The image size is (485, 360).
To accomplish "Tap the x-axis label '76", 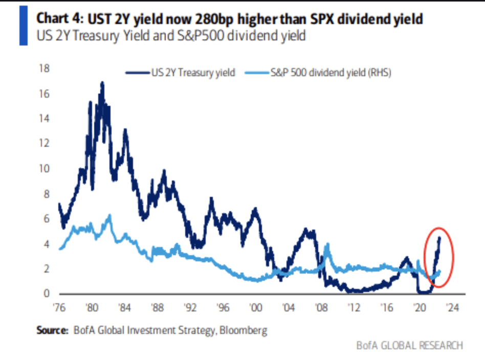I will (x=59, y=308).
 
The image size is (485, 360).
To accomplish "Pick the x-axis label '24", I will (x=452, y=308).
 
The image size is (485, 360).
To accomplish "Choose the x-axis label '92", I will (x=190, y=308).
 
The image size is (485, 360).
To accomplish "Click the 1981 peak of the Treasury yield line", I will (x=102, y=83).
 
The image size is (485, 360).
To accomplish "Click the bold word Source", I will (x=52, y=331).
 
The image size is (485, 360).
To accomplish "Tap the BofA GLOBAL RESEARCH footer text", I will (x=409, y=346).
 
